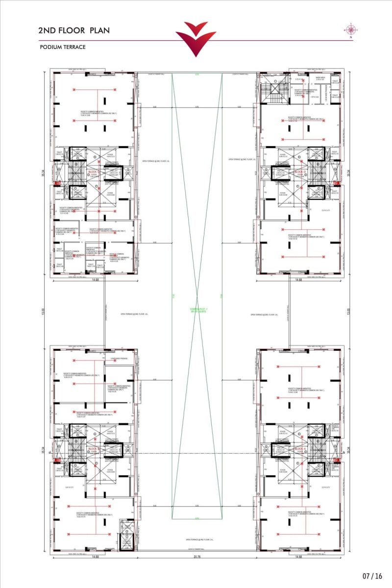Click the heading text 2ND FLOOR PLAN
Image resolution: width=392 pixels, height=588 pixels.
pyautogui.click(x=74, y=30)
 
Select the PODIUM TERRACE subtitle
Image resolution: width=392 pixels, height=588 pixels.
pyautogui.click(x=63, y=47)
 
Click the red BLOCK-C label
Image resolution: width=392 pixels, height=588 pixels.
pyautogui.click(x=94, y=172)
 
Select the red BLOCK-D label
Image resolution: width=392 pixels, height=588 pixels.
pyautogui.click(x=300, y=172)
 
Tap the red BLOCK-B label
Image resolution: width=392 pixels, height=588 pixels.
pyautogui.click(x=94, y=449)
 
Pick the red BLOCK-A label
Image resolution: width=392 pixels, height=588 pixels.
pyautogui.click(x=300, y=449)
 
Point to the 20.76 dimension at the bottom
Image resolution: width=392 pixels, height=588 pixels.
pyautogui.click(x=196, y=557)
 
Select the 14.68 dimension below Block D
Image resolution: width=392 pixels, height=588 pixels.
pyautogui.click(x=298, y=280)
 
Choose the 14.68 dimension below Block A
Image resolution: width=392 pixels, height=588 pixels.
pyautogui.click(x=298, y=557)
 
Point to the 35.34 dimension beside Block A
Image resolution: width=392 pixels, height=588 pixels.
pyautogui.click(x=348, y=450)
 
